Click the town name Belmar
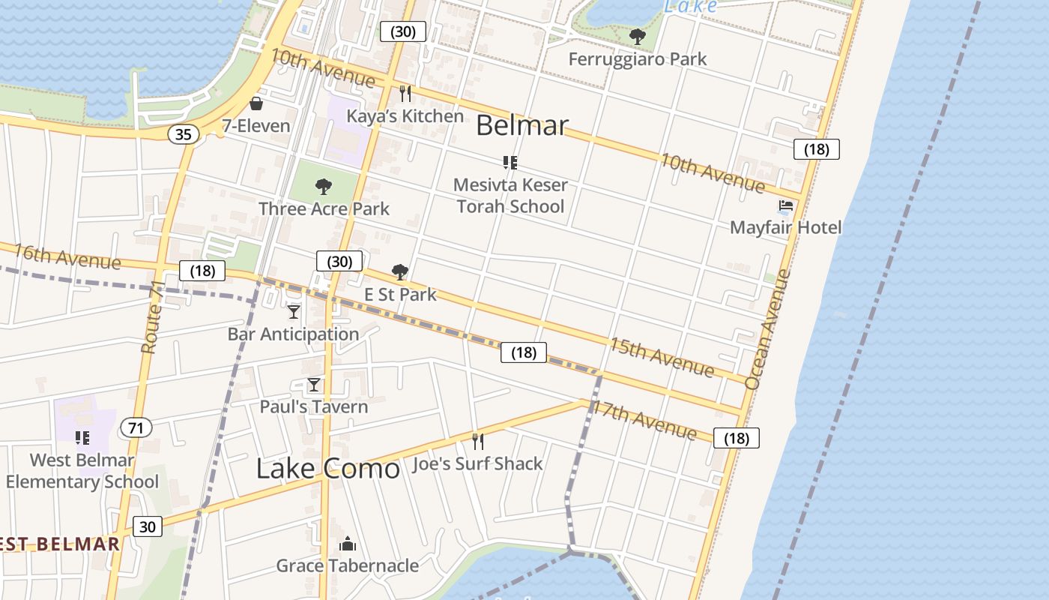pyautogui.click(x=522, y=125)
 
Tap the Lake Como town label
pyautogui.click(x=328, y=468)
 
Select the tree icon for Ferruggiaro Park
pyautogui.click(x=637, y=36)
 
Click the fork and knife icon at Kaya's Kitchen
pyautogui.click(x=405, y=93)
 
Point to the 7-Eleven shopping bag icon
pyautogui.click(x=256, y=103)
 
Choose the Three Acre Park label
pyautogui.click(x=324, y=208)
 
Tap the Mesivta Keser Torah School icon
pyautogui.click(x=510, y=162)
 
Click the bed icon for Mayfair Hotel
pyautogui.click(x=785, y=205)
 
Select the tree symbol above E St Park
pyautogui.click(x=400, y=271)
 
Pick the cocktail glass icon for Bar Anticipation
pyautogui.click(x=294, y=311)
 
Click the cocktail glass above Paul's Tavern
pyautogui.click(x=314, y=385)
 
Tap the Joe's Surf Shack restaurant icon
pyautogui.click(x=478, y=441)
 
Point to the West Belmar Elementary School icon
pyautogui.click(x=82, y=437)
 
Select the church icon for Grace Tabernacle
pyautogui.click(x=347, y=544)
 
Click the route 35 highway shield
pyautogui.click(x=184, y=134)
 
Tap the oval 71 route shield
pyautogui.click(x=136, y=428)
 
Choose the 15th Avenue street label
pyautogui.click(x=661, y=356)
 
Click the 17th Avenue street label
pyautogui.click(x=644, y=419)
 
